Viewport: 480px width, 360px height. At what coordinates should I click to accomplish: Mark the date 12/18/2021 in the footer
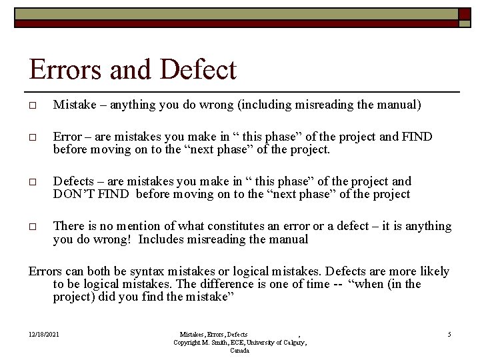point(44,334)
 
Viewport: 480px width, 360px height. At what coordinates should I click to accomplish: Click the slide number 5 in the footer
point(449,334)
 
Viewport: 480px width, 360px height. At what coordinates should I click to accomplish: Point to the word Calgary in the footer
point(291,342)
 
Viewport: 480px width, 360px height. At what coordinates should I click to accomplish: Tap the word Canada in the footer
point(240,350)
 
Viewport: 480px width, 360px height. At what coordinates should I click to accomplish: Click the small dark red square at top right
point(463,13)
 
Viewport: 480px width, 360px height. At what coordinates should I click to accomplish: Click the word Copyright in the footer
point(189,342)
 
